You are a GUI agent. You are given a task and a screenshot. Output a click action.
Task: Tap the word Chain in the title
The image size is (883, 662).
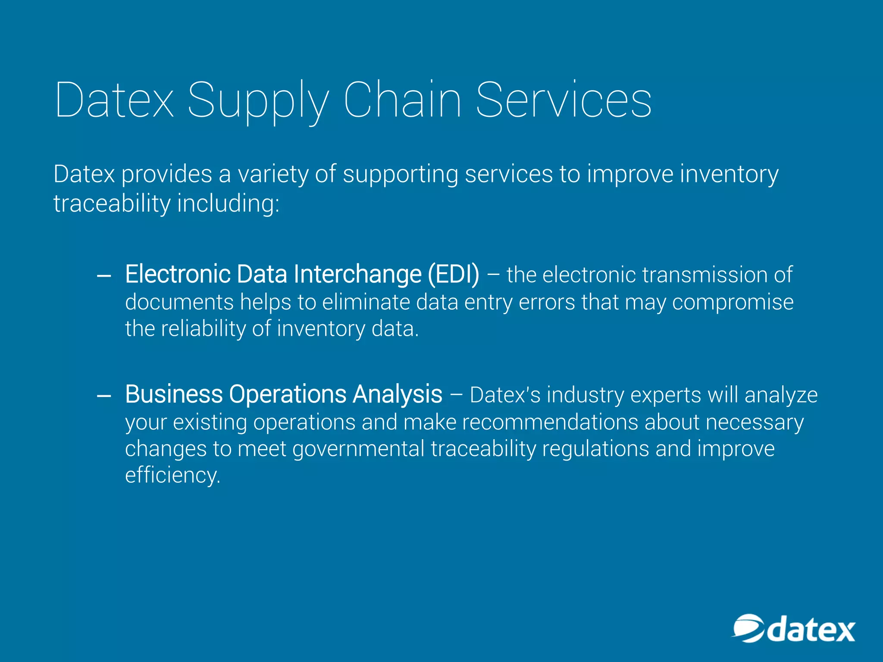pyautogui.click(x=402, y=100)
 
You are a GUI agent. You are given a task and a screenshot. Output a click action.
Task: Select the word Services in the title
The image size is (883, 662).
pyautogui.click(x=564, y=100)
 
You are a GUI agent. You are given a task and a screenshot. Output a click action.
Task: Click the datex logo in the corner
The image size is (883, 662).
pyautogui.click(x=793, y=629)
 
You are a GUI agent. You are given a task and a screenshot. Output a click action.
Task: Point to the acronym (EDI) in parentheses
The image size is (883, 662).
pyautogui.click(x=453, y=274)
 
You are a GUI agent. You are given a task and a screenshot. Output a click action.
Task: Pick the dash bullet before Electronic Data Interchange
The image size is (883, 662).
pyautogui.click(x=104, y=276)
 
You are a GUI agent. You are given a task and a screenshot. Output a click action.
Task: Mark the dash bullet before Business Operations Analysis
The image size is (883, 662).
pyautogui.click(x=104, y=396)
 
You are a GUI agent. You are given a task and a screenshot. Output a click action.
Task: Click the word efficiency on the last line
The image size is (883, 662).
pyautogui.click(x=172, y=475)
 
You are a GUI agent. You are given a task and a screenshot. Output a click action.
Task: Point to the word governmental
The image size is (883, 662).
pyautogui.click(x=358, y=449)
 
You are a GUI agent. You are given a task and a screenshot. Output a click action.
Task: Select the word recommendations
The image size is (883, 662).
pyautogui.click(x=550, y=422)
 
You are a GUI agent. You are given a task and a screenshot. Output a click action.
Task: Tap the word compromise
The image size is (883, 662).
pyautogui.click(x=733, y=302)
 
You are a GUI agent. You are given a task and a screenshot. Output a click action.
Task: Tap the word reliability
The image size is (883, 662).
pyautogui.click(x=203, y=329)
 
